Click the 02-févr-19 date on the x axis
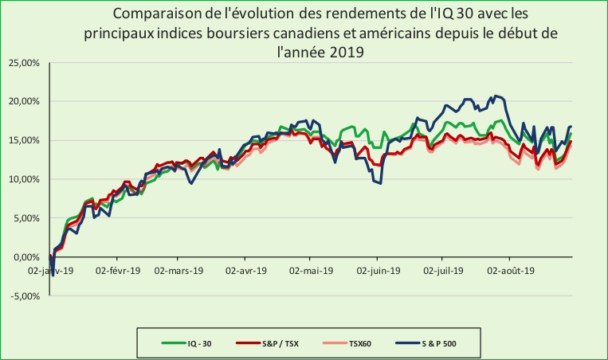click(x=116, y=271)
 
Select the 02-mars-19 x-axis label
click(x=178, y=271)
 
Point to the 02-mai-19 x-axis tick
click(x=313, y=271)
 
